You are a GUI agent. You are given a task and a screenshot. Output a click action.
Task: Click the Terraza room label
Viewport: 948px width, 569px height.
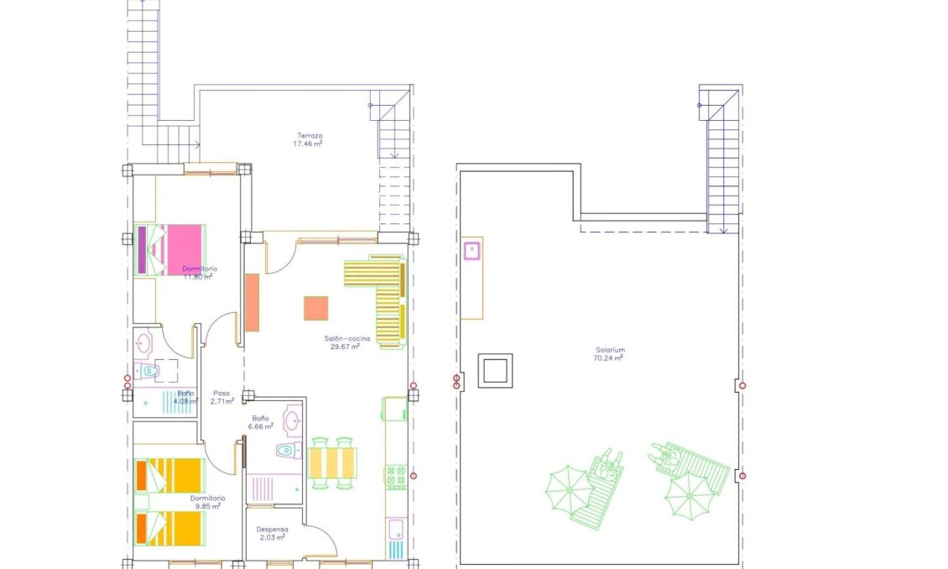point(310,136)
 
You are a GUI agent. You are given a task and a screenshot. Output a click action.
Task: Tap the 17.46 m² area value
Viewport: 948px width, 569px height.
point(308,144)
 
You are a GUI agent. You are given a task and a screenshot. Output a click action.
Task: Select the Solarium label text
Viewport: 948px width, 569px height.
point(610,350)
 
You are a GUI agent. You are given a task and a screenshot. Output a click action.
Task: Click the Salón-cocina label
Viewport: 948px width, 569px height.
point(341,338)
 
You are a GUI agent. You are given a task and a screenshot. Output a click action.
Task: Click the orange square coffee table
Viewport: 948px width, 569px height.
point(315,308)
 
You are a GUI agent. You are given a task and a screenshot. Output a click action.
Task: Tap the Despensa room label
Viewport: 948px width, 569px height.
point(273,530)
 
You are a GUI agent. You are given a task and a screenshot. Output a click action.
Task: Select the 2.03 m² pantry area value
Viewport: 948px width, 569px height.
point(273,538)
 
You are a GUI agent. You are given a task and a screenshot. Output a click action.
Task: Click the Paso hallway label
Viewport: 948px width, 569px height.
point(221,393)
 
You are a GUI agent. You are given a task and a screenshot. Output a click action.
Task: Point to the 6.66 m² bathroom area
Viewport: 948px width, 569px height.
point(262,426)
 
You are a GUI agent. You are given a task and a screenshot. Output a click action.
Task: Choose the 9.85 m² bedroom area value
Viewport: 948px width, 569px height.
point(206,506)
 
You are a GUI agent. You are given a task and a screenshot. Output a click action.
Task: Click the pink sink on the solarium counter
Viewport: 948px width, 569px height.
point(471,249)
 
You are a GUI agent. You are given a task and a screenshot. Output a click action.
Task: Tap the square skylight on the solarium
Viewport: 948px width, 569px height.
point(495,370)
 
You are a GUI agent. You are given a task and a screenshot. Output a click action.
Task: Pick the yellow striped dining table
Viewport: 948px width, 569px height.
point(333,462)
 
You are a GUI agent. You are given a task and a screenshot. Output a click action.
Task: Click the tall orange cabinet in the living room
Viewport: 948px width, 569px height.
point(252,302)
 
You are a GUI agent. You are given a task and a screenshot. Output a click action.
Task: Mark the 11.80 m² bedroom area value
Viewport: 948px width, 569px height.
point(198,276)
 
